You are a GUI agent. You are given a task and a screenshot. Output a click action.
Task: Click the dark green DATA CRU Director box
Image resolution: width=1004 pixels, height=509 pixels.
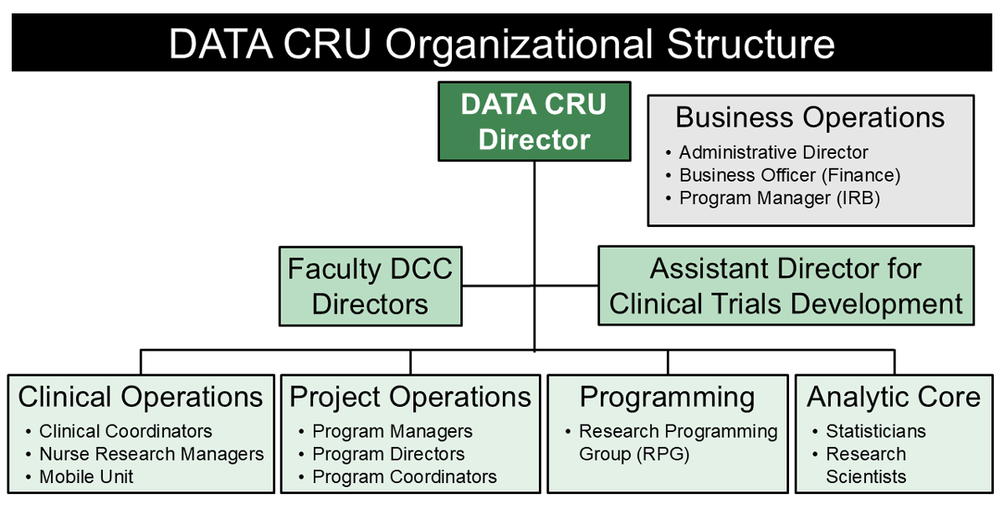tap(534, 121)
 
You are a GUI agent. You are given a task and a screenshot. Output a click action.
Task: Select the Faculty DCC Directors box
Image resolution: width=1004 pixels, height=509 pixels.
tap(370, 286)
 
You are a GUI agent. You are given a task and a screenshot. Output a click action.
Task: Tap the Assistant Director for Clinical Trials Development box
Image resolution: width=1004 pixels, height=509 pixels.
tap(786, 285)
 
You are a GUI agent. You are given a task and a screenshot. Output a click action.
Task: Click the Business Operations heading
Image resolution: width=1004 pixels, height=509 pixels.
tap(810, 117)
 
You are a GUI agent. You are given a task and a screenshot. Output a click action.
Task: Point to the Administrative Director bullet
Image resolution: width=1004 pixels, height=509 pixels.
tap(773, 152)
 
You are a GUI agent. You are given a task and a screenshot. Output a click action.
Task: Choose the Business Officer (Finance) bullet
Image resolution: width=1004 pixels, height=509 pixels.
tap(789, 175)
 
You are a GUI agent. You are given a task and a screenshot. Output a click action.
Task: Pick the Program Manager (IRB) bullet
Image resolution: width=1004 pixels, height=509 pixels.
tap(779, 198)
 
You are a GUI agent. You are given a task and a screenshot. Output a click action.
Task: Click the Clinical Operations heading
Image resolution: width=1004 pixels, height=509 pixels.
tap(141, 396)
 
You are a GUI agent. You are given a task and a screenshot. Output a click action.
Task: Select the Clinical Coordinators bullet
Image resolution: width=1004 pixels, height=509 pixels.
tap(125, 431)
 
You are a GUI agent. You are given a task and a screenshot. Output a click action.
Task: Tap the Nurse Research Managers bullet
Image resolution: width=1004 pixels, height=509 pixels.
tap(151, 454)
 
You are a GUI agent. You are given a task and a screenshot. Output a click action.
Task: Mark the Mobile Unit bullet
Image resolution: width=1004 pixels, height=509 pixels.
tap(86, 476)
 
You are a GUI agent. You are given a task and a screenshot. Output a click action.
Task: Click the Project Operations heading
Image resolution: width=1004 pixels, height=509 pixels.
tap(410, 396)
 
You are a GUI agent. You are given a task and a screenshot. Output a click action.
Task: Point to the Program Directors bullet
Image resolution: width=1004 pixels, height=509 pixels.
tap(388, 454)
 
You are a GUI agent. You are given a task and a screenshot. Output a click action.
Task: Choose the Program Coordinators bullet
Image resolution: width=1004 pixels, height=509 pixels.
tap(404, 476)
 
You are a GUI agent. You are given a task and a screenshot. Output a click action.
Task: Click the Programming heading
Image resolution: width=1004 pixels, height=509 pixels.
tap(667, 396)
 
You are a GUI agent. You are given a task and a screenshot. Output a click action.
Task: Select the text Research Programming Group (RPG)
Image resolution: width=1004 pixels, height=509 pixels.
tap(678, 442)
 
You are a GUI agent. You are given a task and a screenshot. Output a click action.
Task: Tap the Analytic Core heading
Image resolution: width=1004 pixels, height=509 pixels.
tap(894, 396)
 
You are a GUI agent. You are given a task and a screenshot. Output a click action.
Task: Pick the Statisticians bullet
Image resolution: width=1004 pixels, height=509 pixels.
tap(875, 431)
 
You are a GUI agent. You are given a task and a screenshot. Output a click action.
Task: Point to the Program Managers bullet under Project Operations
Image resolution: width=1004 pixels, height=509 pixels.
tap(392, 431)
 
